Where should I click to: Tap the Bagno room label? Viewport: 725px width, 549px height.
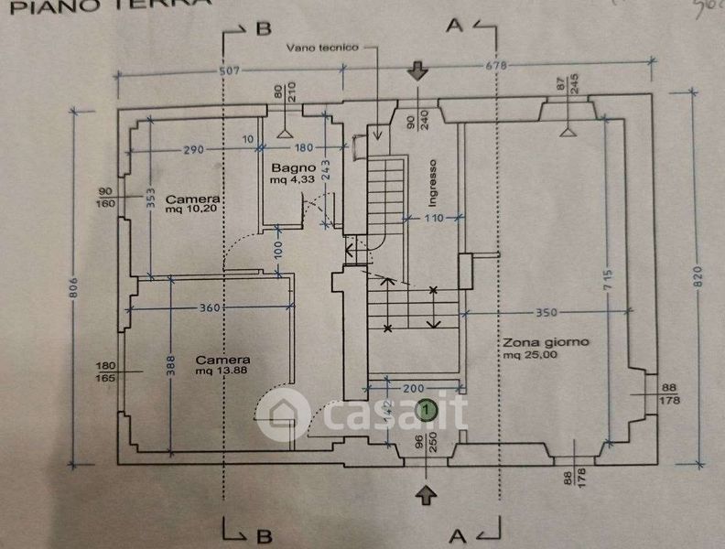coord(293,168)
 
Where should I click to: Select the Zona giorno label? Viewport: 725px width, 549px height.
coord(546,343)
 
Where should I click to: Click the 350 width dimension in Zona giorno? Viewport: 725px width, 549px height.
coord(546,312)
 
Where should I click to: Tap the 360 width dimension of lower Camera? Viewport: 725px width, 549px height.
coord(209,308)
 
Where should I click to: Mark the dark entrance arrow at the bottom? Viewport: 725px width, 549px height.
coord(425,494)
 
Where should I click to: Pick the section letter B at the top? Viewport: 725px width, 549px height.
coord(264,28)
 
